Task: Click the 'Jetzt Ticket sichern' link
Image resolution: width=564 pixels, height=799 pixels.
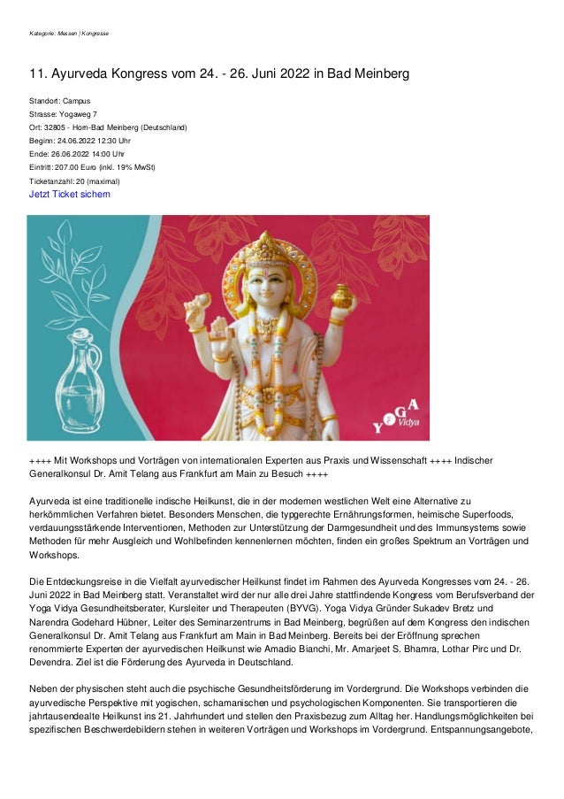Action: [70, 195]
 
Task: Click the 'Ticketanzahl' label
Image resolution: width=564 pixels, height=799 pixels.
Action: [50, 181]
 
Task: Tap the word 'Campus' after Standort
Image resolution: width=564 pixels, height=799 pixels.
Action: [76, 101]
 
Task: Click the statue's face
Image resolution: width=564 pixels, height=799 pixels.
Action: [268, 286]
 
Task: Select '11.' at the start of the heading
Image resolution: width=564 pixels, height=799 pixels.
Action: [37, 74]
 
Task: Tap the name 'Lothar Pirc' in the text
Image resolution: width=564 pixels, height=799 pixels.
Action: [478, 648]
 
